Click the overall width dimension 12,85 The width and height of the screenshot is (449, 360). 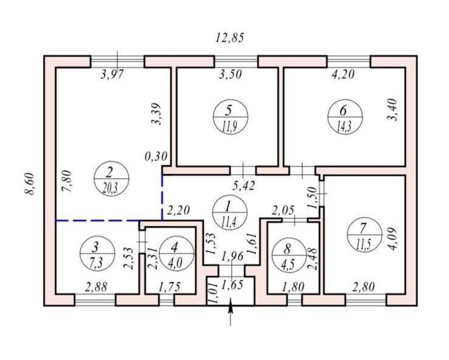tap(229, 37)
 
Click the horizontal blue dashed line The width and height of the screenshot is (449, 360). tap(98, 221)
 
